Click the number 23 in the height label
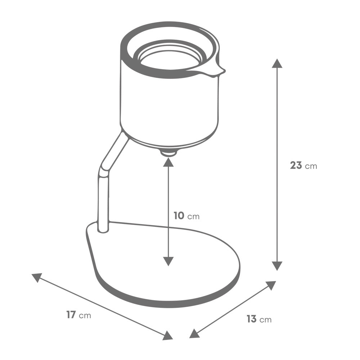point(296,166)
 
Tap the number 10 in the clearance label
point(179,216)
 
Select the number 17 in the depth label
point(71,315)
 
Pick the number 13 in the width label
point(251,319)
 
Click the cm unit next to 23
point(311,166)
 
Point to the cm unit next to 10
point(193,217)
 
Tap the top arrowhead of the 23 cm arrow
point(276,63)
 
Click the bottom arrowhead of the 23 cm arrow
point(276,266)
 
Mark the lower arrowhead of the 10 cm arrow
point(168,261)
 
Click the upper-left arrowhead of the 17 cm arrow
point(37,277)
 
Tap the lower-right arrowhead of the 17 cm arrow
point(167,336)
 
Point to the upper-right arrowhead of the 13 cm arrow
point(270,285)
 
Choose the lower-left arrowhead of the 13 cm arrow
point(194,334)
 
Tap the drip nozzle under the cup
point(168,153)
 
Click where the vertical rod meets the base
point(103,228)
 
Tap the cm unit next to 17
point(85,316)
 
